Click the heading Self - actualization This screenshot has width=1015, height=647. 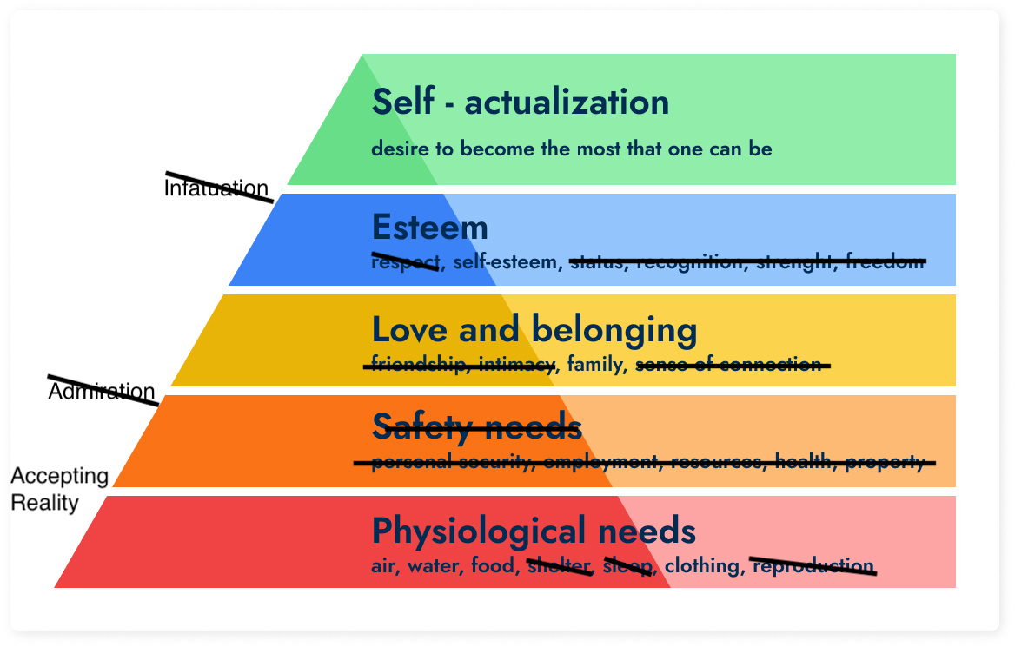pos(520,102)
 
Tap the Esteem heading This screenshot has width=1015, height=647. pos(429,228)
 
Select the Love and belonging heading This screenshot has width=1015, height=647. pos(534,330)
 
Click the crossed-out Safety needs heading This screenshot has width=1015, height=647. pos(476,426)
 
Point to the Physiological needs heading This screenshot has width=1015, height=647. pos(534,530)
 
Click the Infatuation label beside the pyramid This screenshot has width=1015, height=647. pos(216,188)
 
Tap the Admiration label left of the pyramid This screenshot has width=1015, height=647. pos(101,392)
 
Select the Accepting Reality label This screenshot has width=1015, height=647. pos(59,489)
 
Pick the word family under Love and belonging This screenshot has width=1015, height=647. pos(596,365)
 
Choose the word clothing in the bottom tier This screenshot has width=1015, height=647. pos(701,566)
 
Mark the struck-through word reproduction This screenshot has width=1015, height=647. pos(813,566)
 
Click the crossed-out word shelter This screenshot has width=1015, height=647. pos(559,566)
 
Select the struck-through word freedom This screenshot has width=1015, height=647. pos(885,261)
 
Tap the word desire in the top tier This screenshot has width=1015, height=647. pos(400,149)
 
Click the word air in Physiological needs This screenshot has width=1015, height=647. pos(383,567)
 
